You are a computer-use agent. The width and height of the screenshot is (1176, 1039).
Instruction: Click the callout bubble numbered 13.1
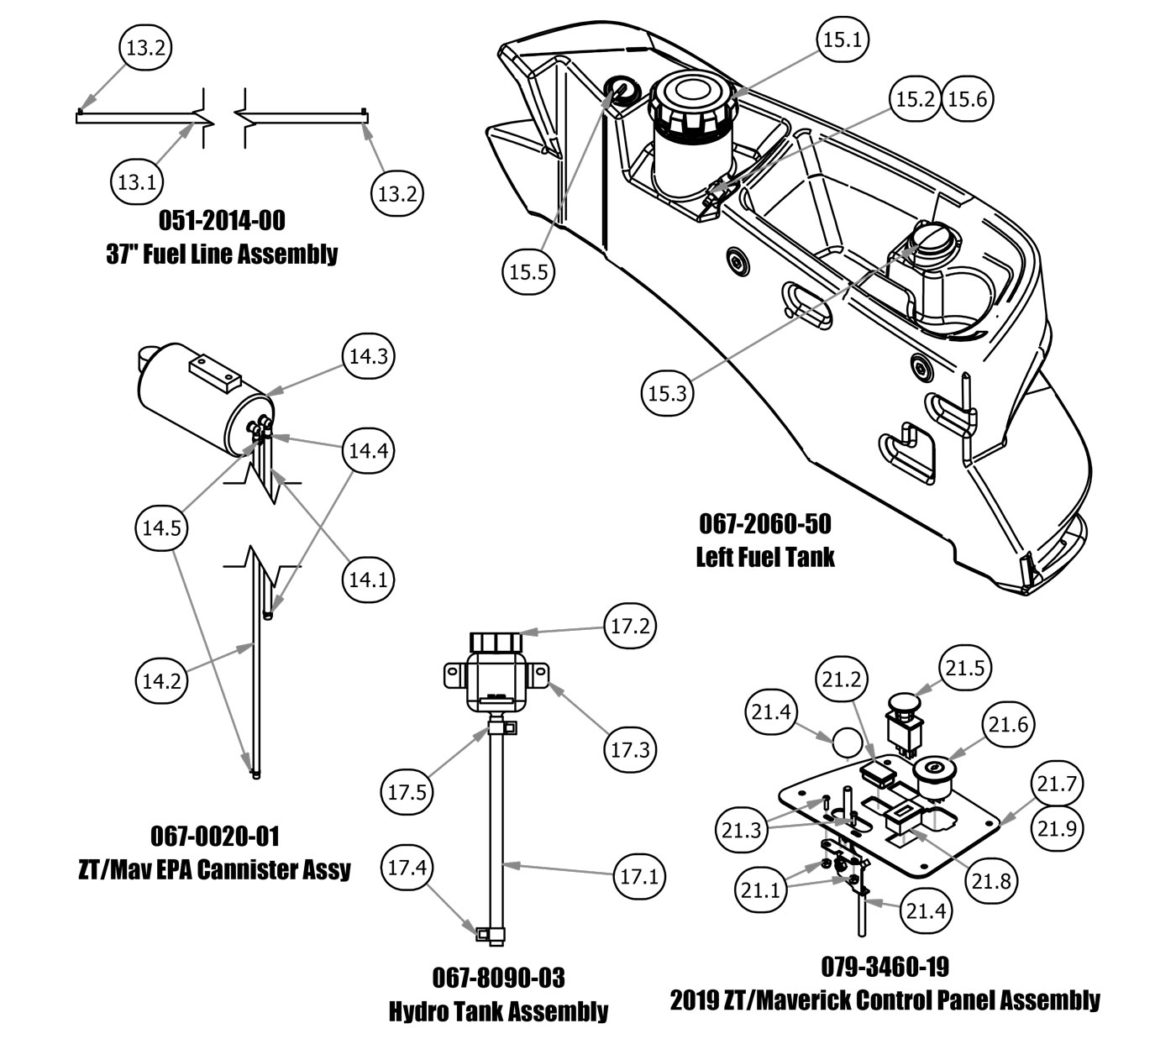coord(136,181)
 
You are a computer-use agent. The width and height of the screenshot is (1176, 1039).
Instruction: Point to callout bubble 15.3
coord(668,392)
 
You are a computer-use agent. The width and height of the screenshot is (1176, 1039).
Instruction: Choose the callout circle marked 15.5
coord(529,271)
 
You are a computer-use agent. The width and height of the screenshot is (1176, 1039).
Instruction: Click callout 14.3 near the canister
coord(368,356)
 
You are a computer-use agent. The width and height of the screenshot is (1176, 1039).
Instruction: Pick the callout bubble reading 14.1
coord(368,579)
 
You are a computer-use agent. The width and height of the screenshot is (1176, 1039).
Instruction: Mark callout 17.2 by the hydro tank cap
coord(630,627)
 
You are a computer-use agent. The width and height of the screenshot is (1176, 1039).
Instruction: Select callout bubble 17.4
coord(407,868)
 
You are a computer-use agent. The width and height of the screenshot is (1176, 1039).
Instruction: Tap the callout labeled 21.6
coord(1009,724)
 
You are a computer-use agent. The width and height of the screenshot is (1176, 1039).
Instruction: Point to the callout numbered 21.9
coord(1057,829)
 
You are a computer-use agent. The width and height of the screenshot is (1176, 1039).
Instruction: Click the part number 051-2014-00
coord(222,221)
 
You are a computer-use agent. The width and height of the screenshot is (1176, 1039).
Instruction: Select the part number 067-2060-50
coord(765,524)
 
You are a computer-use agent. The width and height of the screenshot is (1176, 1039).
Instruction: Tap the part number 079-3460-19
coord(885,967)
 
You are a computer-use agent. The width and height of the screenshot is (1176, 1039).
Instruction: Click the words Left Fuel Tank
coord(765,556)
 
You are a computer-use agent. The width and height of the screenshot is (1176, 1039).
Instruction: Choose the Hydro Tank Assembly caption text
coord(498,1010)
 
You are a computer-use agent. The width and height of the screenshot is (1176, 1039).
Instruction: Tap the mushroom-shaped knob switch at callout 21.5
coord(905,701)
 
